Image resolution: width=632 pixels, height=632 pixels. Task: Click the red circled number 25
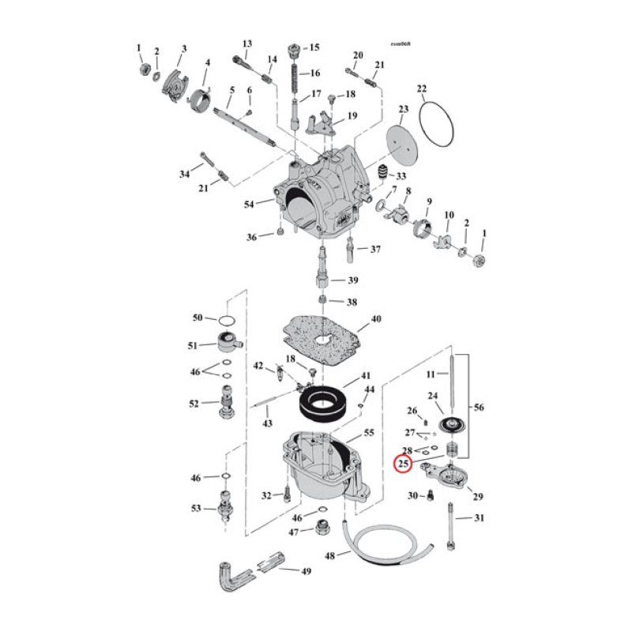tap(403, 464)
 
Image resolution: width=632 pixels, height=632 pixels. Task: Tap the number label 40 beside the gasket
tap(376, 318)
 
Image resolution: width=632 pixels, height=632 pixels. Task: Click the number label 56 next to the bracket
tap(480, 408)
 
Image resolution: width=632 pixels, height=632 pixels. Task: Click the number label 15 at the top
tap(314, 47)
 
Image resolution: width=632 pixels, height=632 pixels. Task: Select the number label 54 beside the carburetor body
tap(250, 205)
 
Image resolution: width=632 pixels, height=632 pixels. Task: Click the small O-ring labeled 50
tap(227, 319)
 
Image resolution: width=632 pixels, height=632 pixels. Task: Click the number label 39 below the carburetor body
tap(352, 280)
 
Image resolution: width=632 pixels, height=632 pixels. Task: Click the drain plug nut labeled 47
tap(322, 528)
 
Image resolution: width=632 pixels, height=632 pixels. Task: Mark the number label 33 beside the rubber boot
tap(401, 175)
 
